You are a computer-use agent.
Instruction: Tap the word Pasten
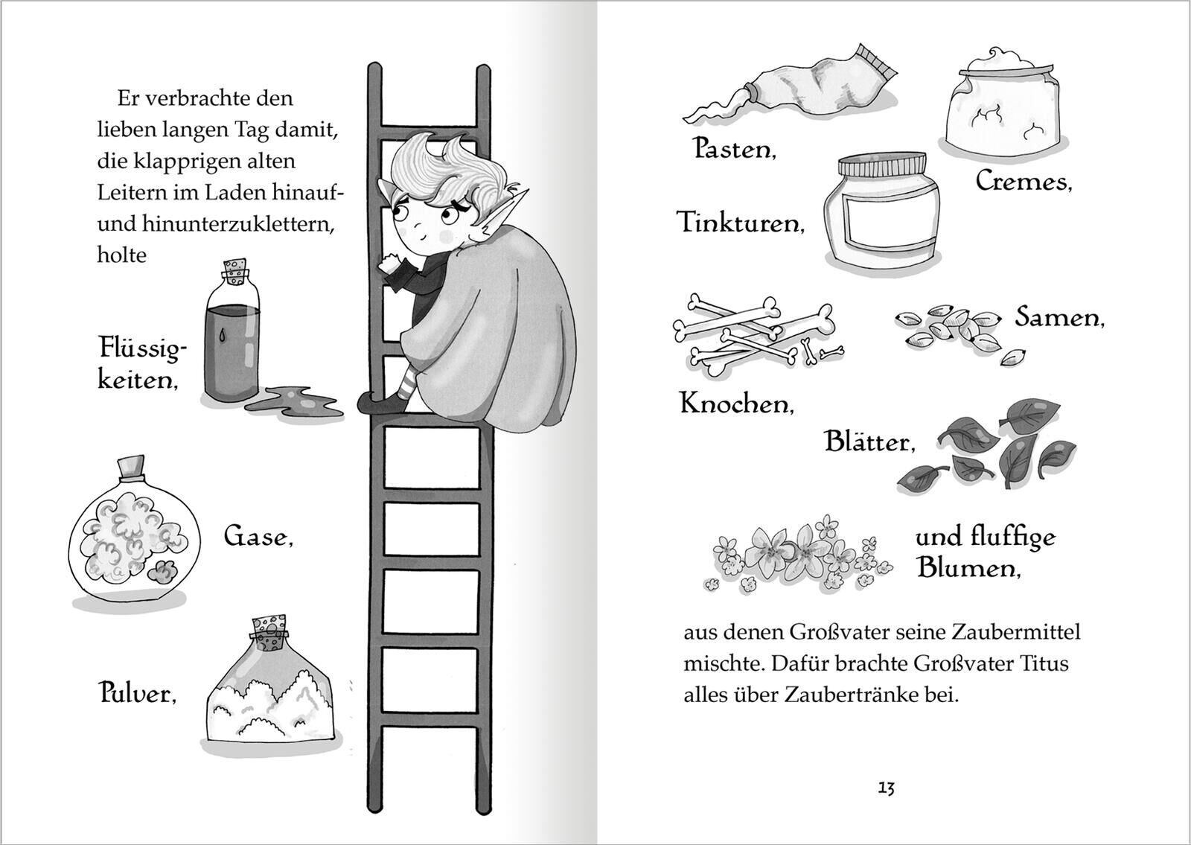734,149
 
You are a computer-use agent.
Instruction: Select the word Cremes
1024,182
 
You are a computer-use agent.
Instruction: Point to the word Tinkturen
740,223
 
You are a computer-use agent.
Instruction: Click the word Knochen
737,404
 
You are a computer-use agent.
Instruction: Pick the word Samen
1060,317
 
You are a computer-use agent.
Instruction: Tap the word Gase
258,536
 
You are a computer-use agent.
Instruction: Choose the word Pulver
138,693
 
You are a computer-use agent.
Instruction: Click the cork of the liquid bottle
235,272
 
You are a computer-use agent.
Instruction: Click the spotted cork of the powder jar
269,633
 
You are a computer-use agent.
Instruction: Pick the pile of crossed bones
757,335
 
